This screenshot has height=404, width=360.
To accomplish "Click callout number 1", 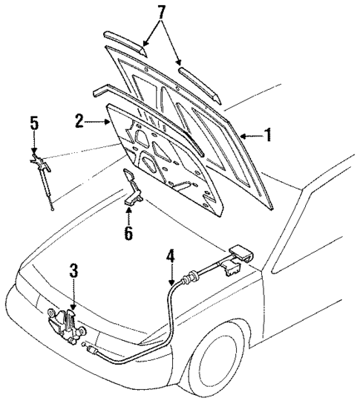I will [x=269, y=135].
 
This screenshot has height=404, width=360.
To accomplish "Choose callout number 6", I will [x=128, y=232].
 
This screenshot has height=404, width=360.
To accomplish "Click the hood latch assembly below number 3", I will [x=65, y=325].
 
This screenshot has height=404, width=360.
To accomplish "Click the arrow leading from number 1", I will [x=252, y=135].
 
